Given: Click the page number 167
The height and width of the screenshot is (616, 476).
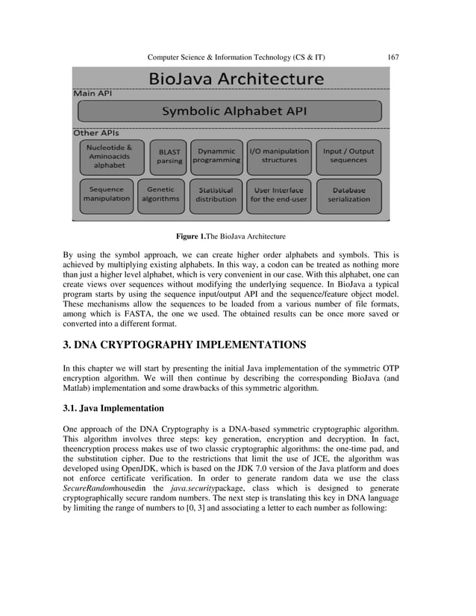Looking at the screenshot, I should pos(393,57).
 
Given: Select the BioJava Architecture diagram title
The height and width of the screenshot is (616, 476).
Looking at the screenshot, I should pos(237,78).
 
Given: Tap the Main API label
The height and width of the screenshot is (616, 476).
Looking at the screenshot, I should pos(92,94).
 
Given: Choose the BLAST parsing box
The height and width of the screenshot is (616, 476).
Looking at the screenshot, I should pos(169,156).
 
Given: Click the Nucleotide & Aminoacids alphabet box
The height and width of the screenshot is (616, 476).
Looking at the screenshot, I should pos(109,157).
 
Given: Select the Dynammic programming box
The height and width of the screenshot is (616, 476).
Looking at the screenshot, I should pos(216,155).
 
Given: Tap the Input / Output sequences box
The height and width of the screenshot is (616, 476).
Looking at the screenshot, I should pos(348,155).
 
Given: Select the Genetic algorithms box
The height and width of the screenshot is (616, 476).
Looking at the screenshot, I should pos(161,195).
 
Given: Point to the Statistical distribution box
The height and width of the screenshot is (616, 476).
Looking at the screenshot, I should pos(216,195).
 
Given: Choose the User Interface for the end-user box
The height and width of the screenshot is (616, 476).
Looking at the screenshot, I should pos(277,195).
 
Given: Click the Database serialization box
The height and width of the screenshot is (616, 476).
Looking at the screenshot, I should pos(348,195).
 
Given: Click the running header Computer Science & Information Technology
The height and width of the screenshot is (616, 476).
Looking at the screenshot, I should pos(236,57).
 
